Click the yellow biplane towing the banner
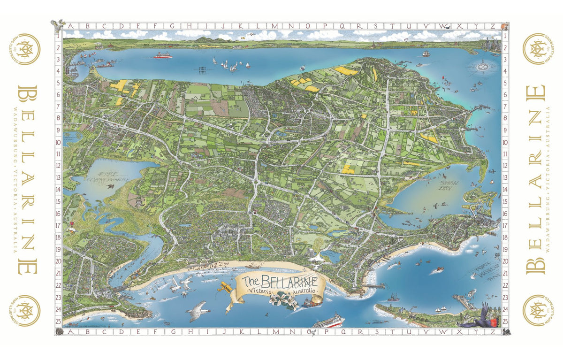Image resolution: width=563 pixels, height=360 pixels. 224,287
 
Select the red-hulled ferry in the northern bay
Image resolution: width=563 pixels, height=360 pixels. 162,56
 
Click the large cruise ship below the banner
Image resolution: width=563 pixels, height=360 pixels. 328,322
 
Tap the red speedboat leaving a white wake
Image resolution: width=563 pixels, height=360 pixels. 438,270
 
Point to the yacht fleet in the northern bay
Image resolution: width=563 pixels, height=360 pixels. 225,63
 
